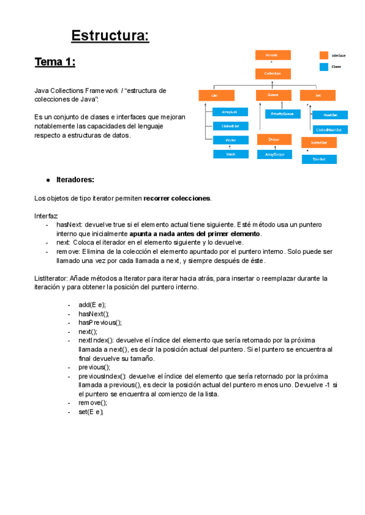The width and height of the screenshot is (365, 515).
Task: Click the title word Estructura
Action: click(x=110, y=36)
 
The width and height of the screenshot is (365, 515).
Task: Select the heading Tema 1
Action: click(x=55, y=62)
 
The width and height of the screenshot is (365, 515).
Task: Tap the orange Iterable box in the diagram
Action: click(x=272, y=55)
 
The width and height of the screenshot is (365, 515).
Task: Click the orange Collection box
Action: click(x=272, y=73)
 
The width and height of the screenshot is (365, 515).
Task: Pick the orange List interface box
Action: click(x=215, y=95)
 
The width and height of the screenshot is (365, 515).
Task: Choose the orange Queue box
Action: click(x=272, y=95)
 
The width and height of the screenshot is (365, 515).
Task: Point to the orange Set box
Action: click(x=318, y=95)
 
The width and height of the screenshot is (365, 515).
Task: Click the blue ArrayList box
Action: click(x=230, y=112)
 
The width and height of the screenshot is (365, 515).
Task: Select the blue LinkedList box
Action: click(x=230, y=126)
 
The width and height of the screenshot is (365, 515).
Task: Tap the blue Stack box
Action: click(x=230, y=154)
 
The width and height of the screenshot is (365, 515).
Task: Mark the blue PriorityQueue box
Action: click(x=282, y=114)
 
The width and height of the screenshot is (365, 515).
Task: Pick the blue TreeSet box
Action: click(x=319, y=159)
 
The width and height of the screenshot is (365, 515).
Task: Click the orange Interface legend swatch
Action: click(x=324, y=55)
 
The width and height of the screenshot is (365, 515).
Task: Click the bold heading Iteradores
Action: click(x=75, y=180)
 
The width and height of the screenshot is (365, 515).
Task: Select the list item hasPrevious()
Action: click(x=100, y=322)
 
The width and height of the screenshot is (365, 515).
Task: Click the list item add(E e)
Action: click(x=92, y=304)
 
